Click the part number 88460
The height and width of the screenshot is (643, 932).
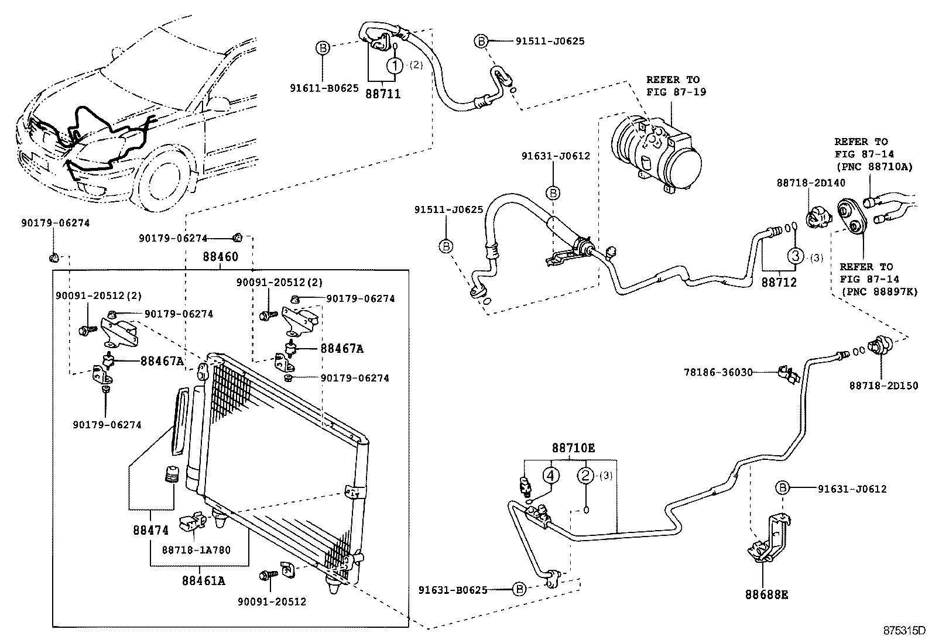pos(221,256)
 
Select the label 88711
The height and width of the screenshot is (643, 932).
pos(384,93)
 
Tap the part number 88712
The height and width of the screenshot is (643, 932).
pos(779,282)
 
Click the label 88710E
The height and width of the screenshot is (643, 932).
pos(573,448)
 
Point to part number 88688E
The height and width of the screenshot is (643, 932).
pos(766,594)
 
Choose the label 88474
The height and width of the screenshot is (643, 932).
pos(150,530)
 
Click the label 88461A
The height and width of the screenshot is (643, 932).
pos(203,580)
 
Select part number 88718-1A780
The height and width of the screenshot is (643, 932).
pos(197,550)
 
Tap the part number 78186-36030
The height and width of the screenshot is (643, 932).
pos(718,372)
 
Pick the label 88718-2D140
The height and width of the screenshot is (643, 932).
pos(811,183)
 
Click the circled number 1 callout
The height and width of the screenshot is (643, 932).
pos(396,65)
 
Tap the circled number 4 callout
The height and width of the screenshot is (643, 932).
pos(550,475)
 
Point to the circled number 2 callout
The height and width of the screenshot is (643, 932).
pos(586,475)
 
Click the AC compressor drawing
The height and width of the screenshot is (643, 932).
pos(656,150)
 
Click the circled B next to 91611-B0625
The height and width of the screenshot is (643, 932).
pos(323,48)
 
